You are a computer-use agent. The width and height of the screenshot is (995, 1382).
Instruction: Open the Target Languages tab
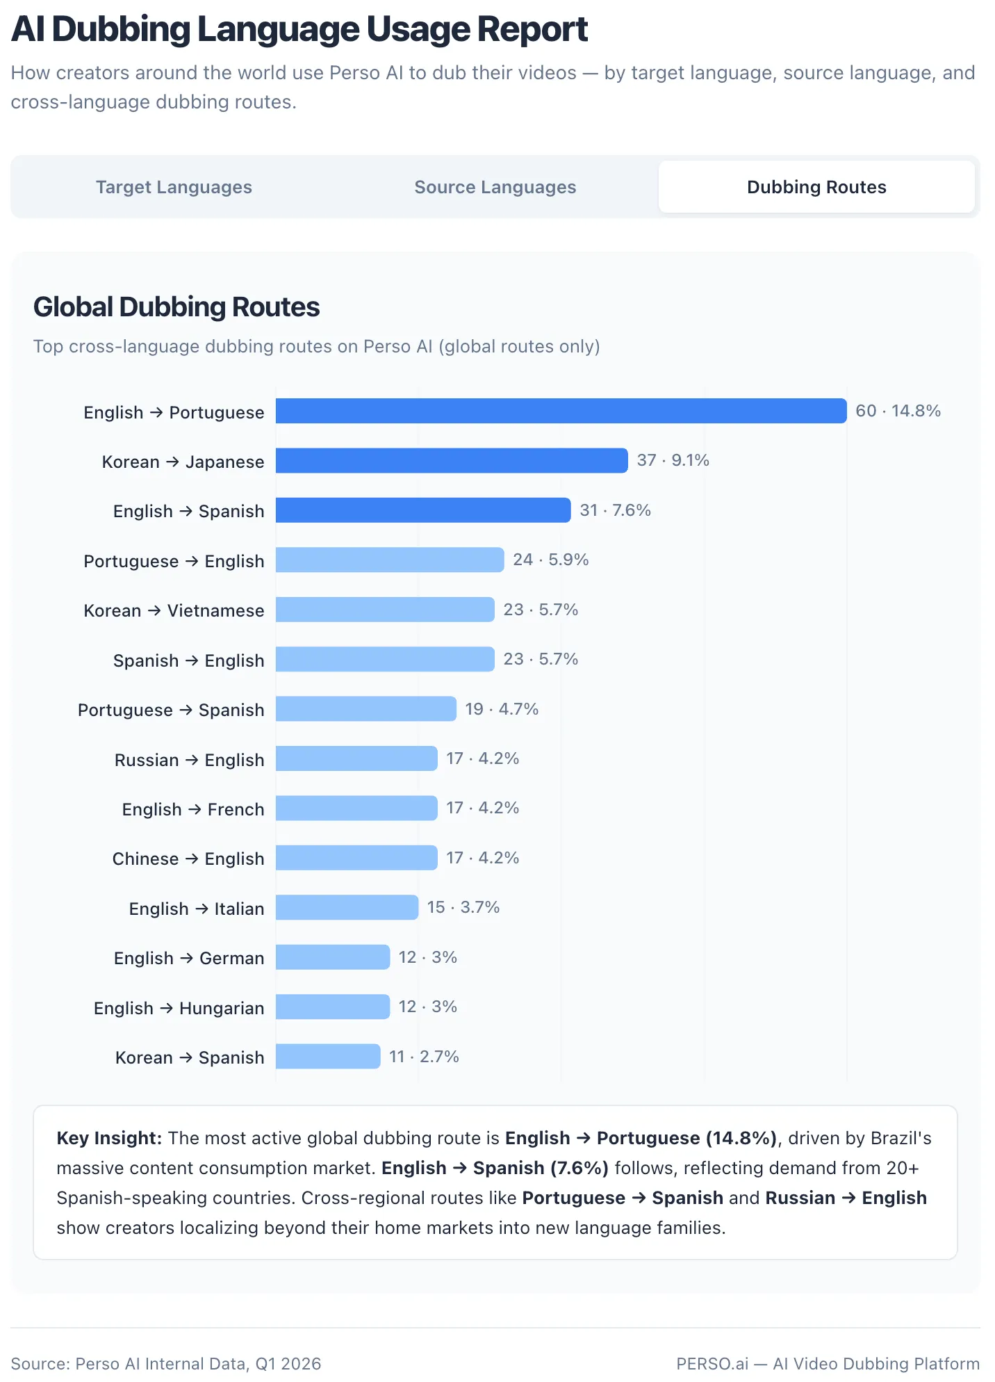tap(174, 187)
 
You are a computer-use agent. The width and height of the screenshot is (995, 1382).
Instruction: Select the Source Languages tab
tap(495, 187)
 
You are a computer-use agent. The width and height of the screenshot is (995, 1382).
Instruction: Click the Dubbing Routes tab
tap(816, 187)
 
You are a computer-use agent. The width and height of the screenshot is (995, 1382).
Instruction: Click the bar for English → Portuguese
tap(561, 411)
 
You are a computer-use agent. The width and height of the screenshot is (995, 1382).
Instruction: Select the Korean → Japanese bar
tap(452, 461)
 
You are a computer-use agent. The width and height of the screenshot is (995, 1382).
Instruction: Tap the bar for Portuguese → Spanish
tap(365, 709)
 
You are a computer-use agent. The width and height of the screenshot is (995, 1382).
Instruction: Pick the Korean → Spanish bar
tap(328, 1057)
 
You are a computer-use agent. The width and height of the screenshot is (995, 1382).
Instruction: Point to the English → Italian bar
tap(347, 908)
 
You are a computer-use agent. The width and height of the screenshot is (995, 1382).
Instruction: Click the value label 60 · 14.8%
tap(898, 411)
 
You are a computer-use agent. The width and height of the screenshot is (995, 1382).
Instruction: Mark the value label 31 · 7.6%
tap(615, 510)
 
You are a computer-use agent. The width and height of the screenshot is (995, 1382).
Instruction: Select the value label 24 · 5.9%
tap(550, 560)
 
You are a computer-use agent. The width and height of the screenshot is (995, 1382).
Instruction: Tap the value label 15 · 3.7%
tap(463, 907)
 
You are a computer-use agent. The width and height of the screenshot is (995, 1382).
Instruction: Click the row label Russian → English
tap(189, 760)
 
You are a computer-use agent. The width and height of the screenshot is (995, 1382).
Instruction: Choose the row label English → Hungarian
tap(179, 1008)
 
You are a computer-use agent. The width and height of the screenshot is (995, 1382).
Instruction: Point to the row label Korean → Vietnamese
tap(174, 610)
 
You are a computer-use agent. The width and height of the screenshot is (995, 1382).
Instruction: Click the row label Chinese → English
tap(188, 859)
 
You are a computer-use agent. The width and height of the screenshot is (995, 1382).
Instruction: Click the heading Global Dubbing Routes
tap(176, 307)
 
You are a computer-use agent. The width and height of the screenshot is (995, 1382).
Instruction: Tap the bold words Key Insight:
tap(109, 1138)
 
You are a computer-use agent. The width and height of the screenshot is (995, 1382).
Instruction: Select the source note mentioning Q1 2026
tap(166, 1363)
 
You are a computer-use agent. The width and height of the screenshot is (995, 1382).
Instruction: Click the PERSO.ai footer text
tap(828, 1363)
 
